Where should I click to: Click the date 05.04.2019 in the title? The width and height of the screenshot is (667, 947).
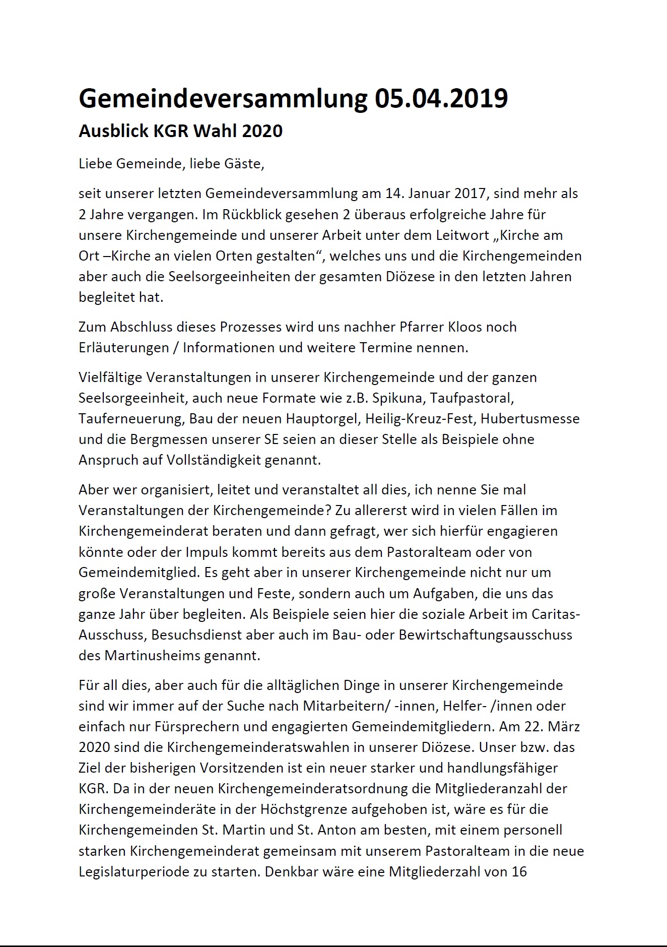(x=441, y=98)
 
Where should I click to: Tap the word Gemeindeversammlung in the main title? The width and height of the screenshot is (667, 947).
(x=223, y=98)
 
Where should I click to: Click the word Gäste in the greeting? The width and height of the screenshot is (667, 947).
(x=246, y=164)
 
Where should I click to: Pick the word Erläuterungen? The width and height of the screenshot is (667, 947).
(x=123, y=348)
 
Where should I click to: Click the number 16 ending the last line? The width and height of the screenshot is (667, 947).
(x=519, y=871)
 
